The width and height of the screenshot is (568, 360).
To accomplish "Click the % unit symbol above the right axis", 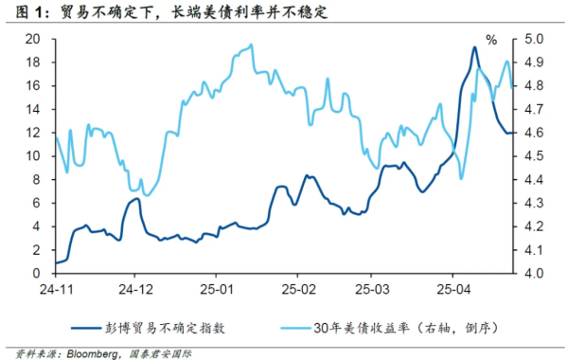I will point(491,40).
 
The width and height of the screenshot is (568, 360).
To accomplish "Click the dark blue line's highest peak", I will point(474,47).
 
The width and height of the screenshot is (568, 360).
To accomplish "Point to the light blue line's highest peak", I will point(251,45).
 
